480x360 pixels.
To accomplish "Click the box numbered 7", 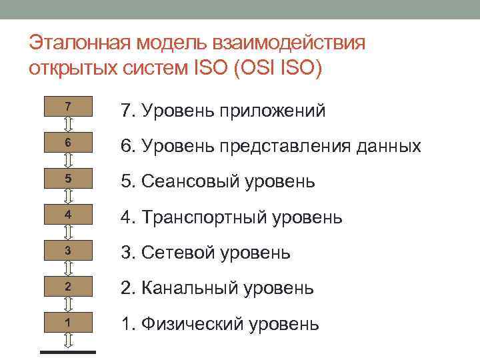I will coord(68,107).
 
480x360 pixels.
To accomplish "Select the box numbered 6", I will coord(68,143).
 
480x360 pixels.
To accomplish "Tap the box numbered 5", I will coord(68,179).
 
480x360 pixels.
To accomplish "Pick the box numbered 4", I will coord(68,215).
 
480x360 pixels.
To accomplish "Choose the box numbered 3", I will coord(68,251).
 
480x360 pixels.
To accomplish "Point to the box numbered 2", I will coord(68,287).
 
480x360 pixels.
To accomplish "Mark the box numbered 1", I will coord(68,323).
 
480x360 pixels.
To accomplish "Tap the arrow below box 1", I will coord(68,340).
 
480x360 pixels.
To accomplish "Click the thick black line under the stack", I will coord(68,351).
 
